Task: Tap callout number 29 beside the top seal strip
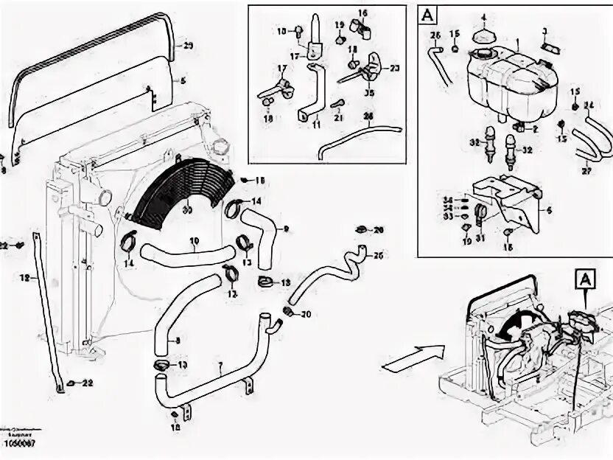pos(189,46)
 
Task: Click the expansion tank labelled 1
pos(516,81)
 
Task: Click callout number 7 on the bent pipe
pos(219,364)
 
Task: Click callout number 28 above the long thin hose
pos(368,117)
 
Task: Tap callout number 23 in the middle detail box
pos(394,68)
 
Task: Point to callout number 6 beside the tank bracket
pos(549,209)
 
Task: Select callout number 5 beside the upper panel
pos(183,80)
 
